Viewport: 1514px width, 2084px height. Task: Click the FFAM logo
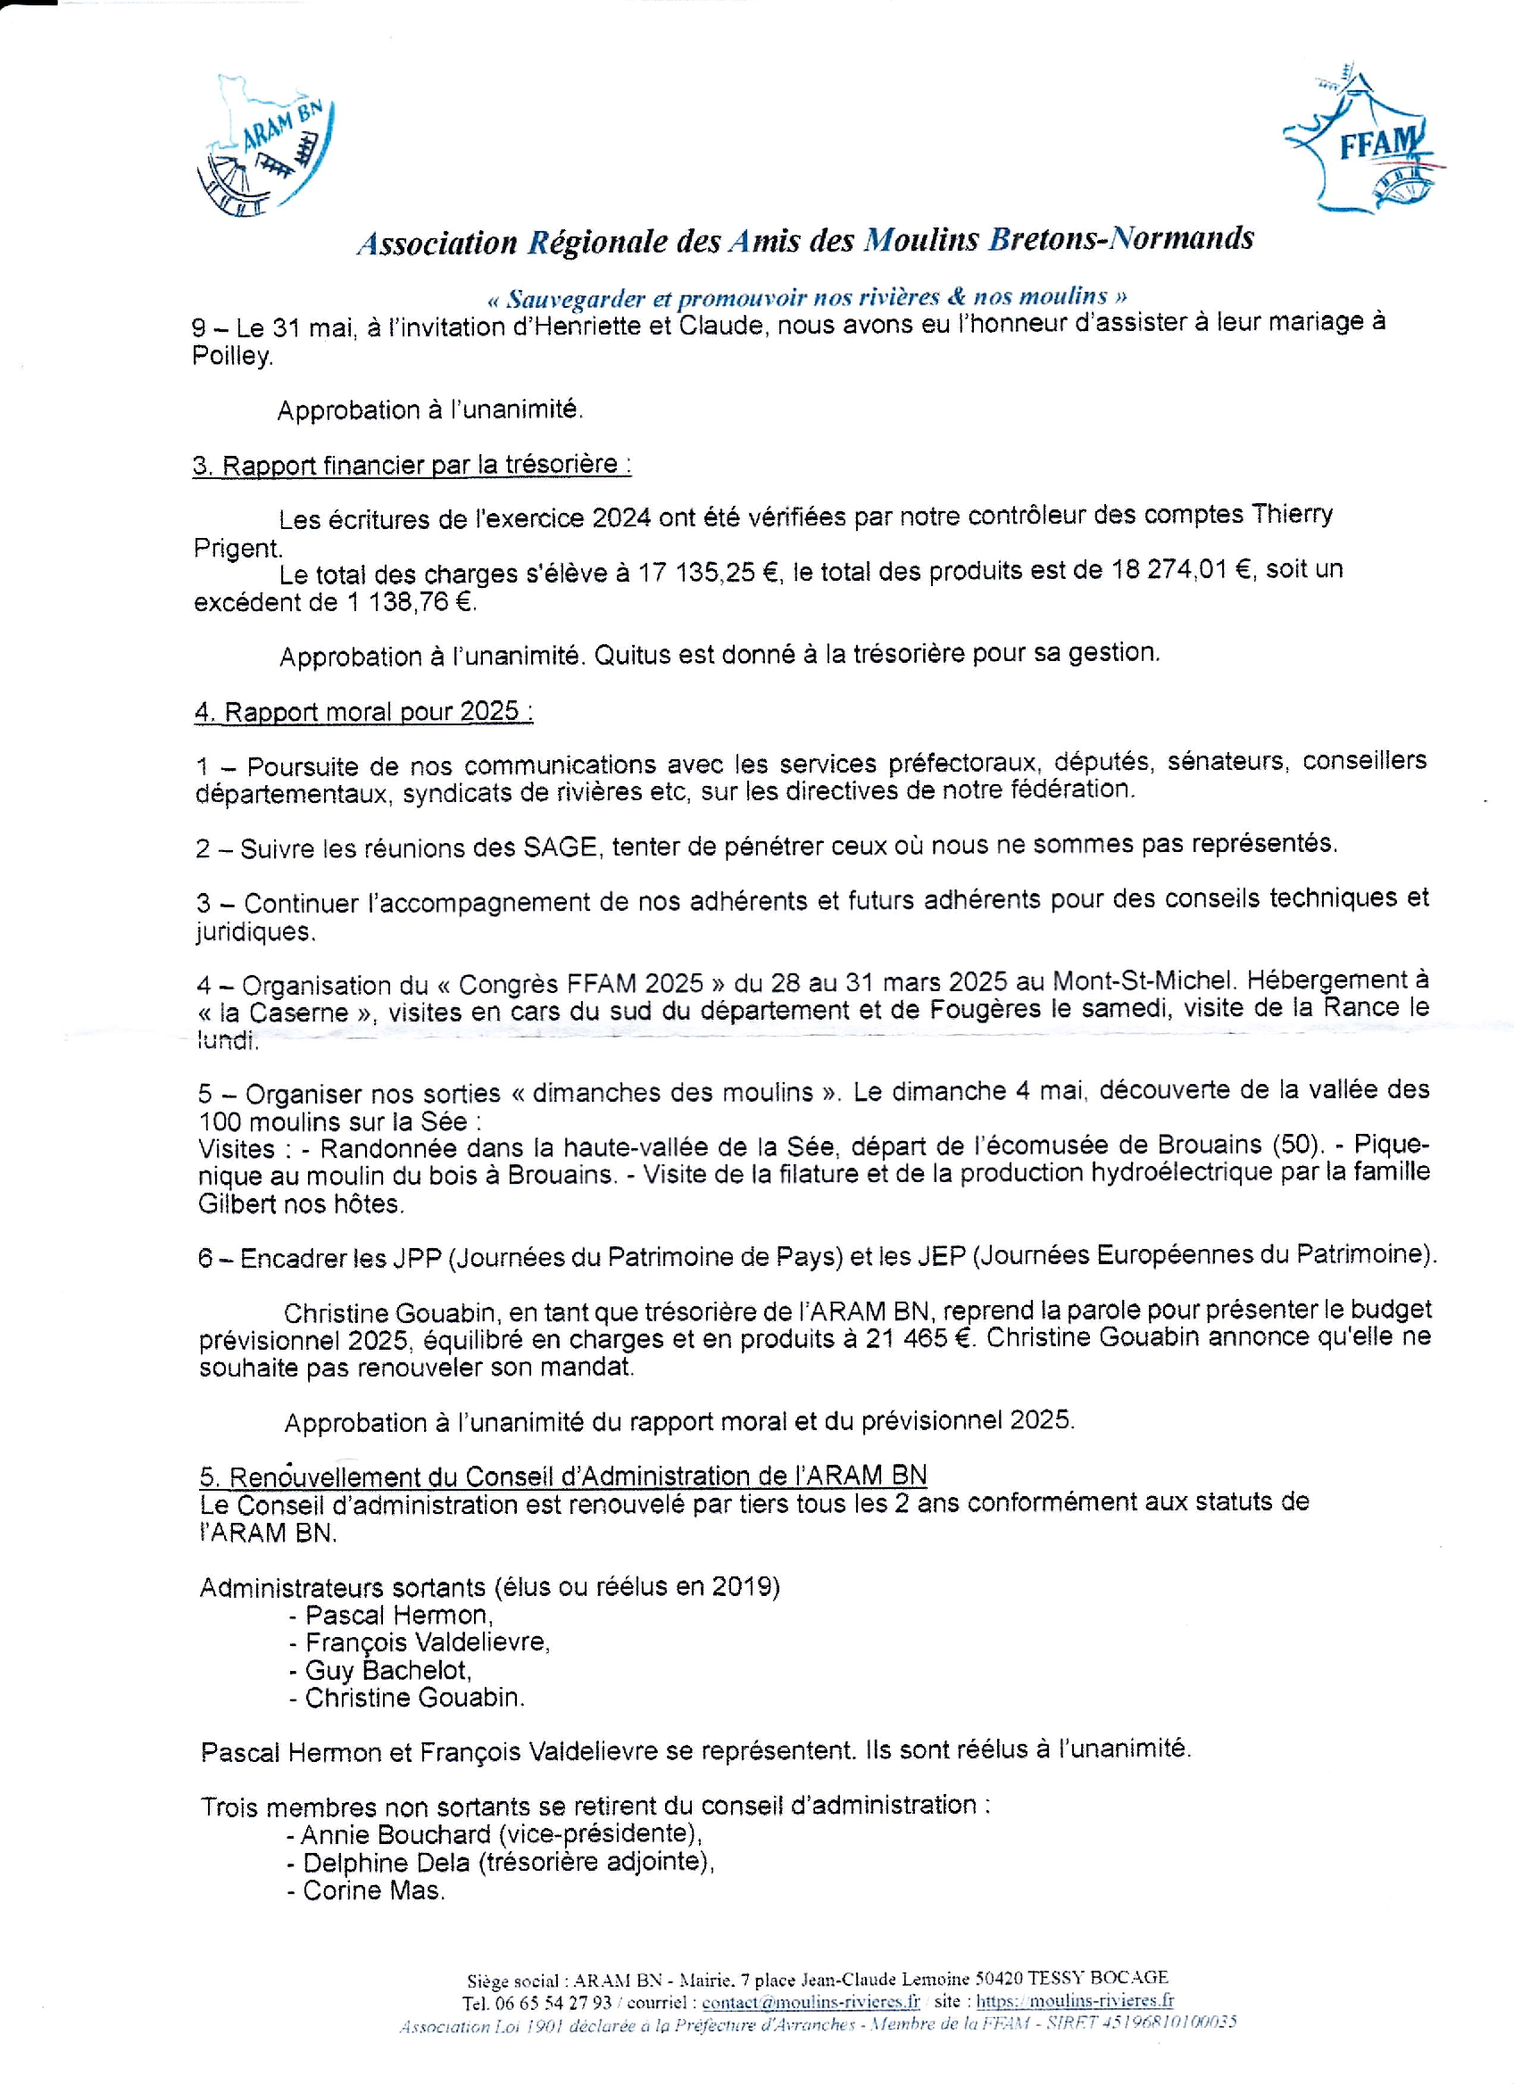point(1362,141)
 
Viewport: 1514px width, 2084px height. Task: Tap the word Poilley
point(231,357)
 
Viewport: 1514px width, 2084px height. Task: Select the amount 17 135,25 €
point(710,574)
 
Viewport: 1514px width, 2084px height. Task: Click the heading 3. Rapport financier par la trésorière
point(411,465)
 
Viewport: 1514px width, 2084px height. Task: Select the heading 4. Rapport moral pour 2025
point(363,712)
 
